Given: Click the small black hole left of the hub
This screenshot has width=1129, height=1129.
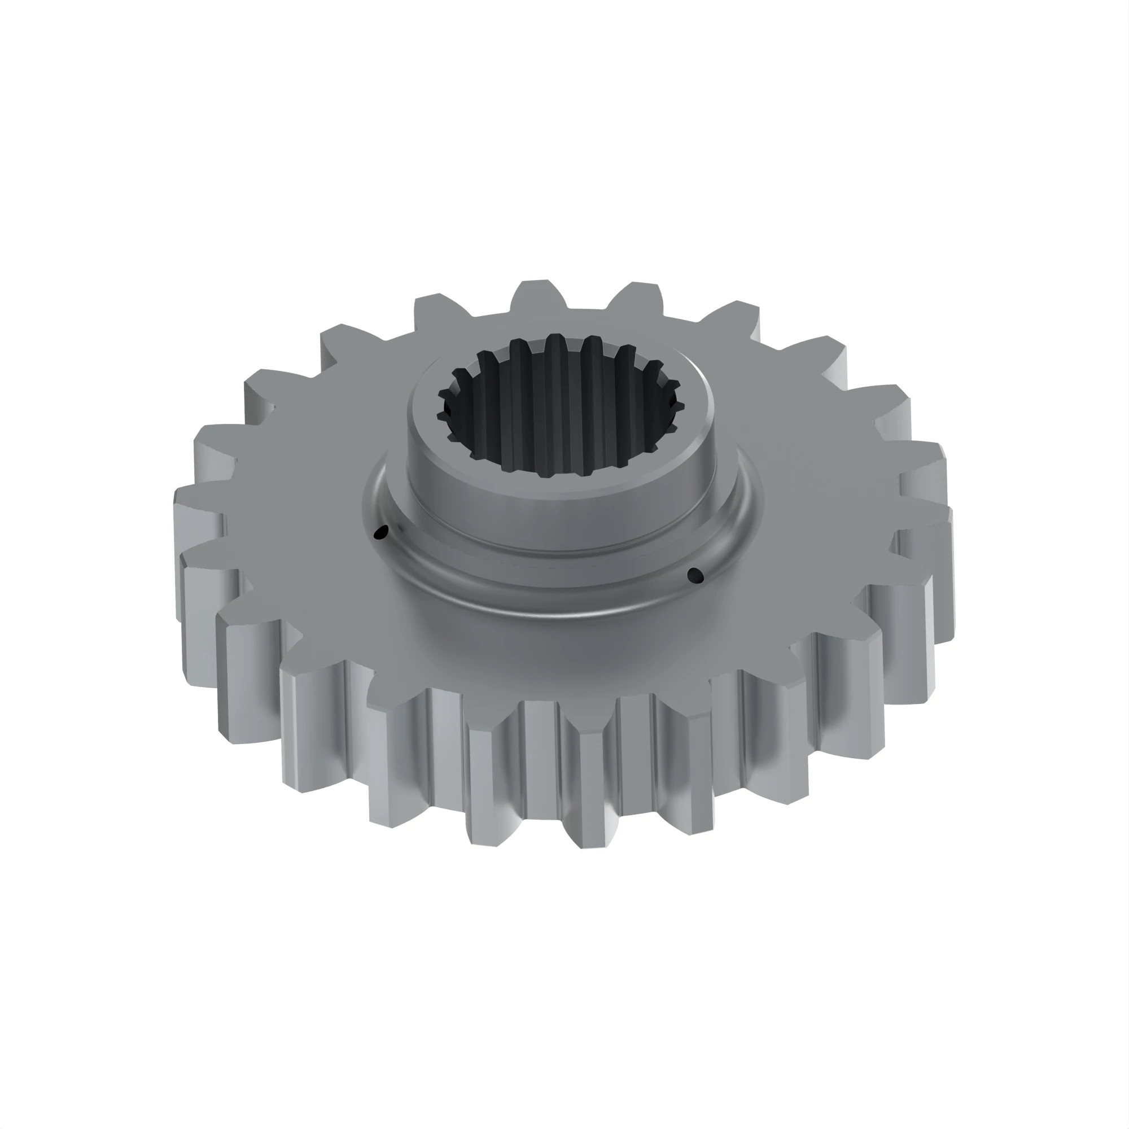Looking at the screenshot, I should click(x=381, y=532).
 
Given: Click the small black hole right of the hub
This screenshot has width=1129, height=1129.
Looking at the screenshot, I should click(x=695, y=575).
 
